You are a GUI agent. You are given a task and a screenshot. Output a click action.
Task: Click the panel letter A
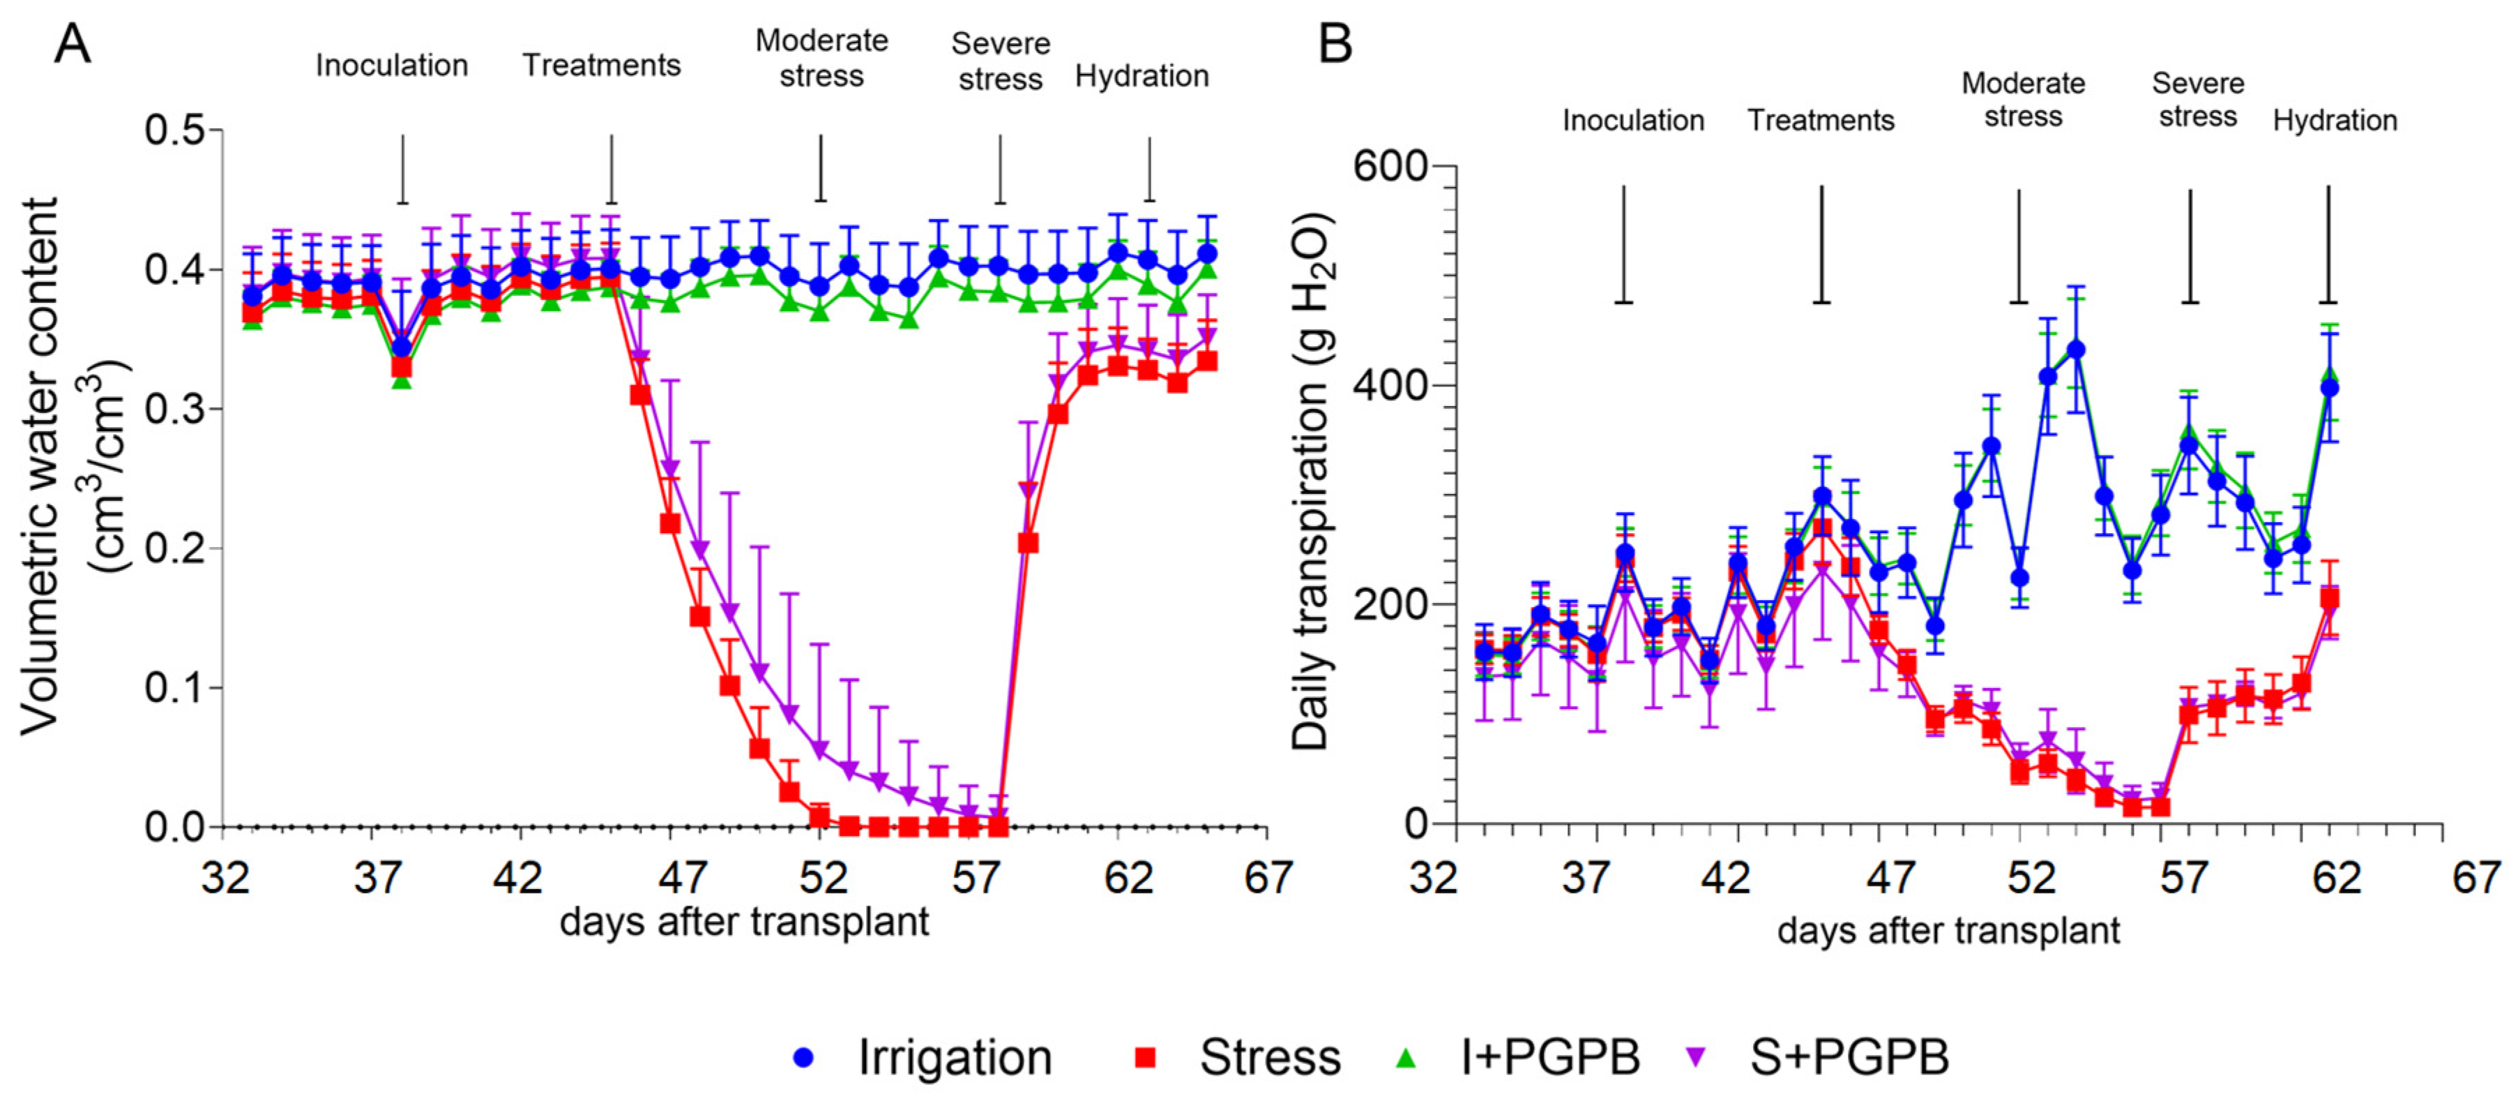pos(73,44)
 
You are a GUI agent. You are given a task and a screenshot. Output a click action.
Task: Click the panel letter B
pos(1335,44)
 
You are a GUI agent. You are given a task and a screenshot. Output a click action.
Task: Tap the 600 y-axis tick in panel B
pos(1391,166)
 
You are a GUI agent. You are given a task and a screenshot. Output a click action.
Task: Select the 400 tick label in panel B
pos(1391,385)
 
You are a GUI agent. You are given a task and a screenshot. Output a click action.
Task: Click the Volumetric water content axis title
pos(73,465)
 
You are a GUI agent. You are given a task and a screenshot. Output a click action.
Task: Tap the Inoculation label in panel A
pos(391,66)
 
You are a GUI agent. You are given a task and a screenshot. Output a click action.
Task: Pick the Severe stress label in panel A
pos(1000,61)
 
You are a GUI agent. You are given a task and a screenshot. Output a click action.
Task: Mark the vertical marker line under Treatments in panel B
pos(1821,244)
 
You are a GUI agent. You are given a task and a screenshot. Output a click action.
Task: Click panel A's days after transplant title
pos(744,922)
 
